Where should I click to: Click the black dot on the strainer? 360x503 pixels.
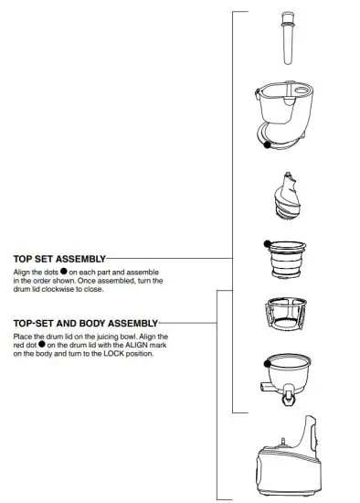[x=267, y=242]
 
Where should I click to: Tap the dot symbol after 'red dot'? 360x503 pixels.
[x=43, y=346]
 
